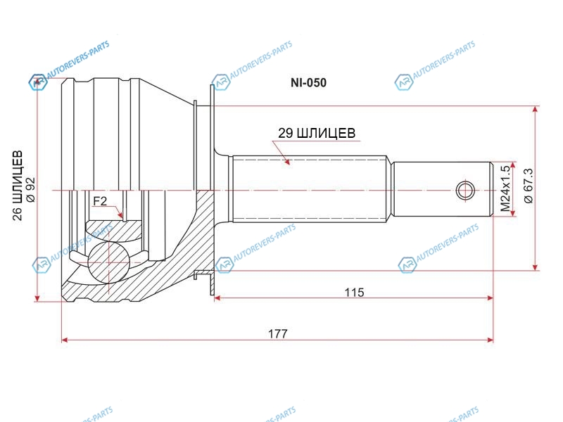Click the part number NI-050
[x=308, y=83]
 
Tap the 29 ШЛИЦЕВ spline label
[x=317, y=133]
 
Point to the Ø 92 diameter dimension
[x=30, y=190]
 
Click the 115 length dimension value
[x=355, y=293]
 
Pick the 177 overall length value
[x=278, y=333]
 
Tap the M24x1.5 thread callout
[x=505, y=188]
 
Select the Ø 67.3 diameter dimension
[x=529, y=186]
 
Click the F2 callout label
[x=100, y=201]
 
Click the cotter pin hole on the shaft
[x=465, y=190]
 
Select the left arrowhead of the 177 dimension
[x=65, y=340]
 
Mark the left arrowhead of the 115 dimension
[x=217, y=298]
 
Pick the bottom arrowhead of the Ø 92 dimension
[x=37, y=298]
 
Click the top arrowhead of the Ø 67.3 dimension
[x=536, y=110]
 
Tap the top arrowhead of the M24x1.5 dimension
[x=513, y=165]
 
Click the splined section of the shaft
[x=310, y=189]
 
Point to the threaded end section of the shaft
[x=442, y=189]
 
